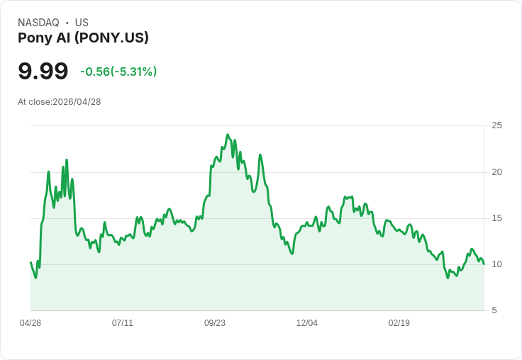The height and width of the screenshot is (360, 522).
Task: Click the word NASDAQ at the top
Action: point(38,23)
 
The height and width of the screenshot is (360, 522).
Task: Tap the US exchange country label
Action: point(82,23)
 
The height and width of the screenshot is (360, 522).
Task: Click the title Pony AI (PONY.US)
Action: point(83,38)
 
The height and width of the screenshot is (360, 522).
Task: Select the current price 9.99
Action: point(43,72)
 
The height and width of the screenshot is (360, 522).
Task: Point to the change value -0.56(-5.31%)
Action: point(118,72)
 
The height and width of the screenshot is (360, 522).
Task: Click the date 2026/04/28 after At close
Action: point(77,102)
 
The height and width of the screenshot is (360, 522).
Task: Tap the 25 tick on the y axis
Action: point(496,125)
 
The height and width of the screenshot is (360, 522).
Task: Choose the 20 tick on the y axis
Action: point(496,172)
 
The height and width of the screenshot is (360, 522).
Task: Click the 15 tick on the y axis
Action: point(496,218)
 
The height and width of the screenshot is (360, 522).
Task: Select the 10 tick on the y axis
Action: point(496,264)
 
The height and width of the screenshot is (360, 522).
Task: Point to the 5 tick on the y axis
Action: point(494,310)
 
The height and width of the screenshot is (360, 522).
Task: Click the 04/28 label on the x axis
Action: point(30,323)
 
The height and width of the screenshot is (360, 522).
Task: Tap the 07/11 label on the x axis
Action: point(123,323)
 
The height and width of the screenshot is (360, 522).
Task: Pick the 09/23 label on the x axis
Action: point(215,323)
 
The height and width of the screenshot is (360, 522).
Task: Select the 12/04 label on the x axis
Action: point(307,323)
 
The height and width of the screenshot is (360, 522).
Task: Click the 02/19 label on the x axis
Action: point(399,323)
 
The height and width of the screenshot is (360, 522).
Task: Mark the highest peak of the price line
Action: point(228,135)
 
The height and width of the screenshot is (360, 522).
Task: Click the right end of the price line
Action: point(484,264)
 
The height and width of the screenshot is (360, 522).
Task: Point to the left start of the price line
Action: point(30,262)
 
